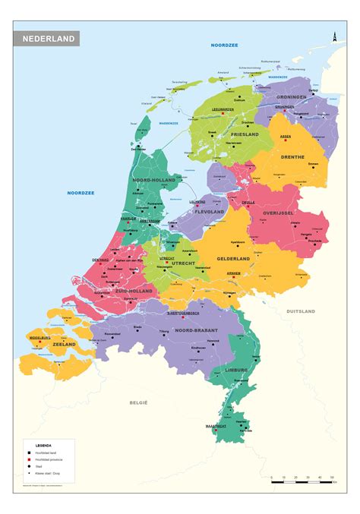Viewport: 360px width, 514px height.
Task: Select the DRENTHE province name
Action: pos(292,157)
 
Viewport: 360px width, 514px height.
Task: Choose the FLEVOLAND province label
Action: pos(209,212)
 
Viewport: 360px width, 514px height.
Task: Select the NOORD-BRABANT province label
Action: pos(196,330)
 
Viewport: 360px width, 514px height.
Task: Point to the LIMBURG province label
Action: pos(238,370)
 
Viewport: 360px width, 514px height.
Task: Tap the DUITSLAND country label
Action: pos(301,311)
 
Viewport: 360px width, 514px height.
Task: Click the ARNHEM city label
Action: pos(233,273)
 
